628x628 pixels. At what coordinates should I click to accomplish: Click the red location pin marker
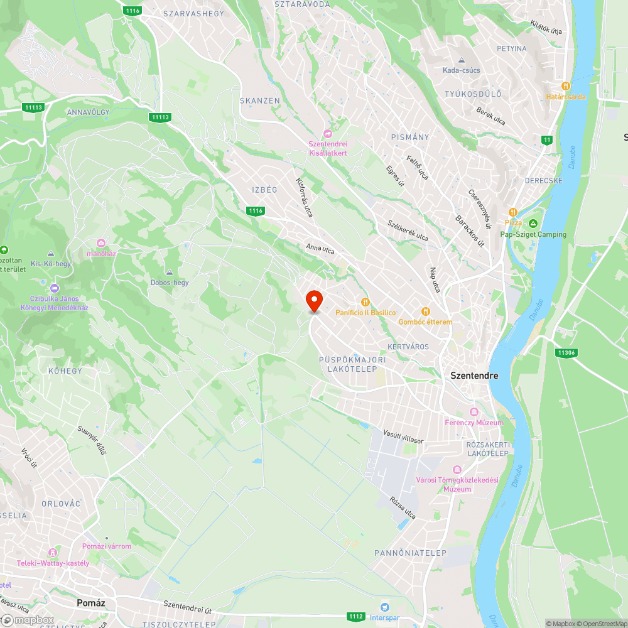[x=313, y=301]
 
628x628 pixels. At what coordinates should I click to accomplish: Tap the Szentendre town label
[x=474, y=376]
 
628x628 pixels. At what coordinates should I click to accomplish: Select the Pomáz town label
[x=90, y=602]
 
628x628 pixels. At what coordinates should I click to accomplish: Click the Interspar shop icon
[x=385, y=607]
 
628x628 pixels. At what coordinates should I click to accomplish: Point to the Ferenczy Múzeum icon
[x=474, y=412]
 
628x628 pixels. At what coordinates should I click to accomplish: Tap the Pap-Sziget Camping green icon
[x=533, y=224]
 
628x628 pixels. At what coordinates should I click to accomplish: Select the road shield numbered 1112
[x=355, y=617]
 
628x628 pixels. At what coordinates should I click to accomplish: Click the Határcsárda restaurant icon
[x=565, y=85]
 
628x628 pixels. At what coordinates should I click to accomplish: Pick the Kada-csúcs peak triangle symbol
[x=462, y=60]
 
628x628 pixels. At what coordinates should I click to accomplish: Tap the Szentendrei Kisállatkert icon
[x=327, y=133]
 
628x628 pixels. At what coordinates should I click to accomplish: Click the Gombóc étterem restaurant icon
[x=425, y=311]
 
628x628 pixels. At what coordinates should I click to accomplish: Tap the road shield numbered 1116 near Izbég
[x=255, y=211]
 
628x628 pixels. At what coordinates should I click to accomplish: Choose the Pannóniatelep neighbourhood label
[x=410, y=553]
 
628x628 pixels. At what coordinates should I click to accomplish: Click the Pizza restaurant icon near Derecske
[x=513, y=212]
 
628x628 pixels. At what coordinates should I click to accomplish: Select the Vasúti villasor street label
[x=403, y=437]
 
